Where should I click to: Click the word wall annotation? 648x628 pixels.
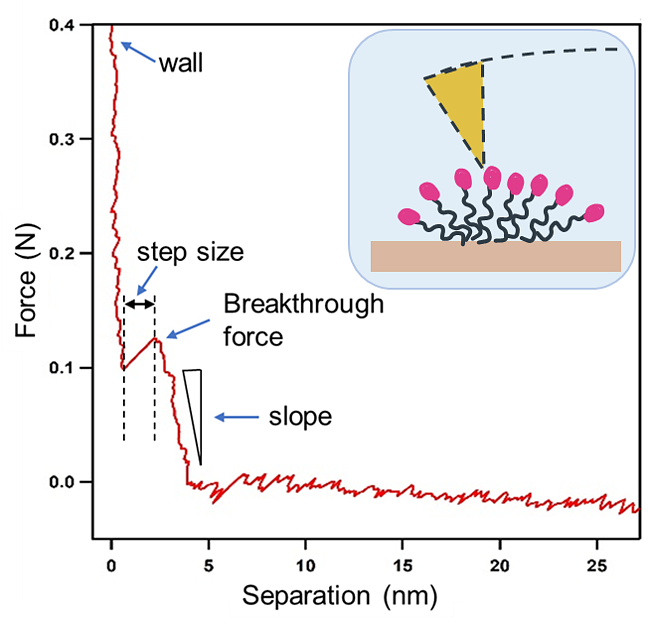[x=181, y=64]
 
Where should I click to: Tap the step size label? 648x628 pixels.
[x=190, y=252]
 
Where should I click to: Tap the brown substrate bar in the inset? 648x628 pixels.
[x=496, y=256]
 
